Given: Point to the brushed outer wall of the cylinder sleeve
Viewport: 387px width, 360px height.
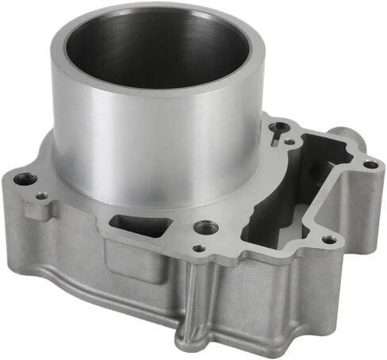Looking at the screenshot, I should point(151,151).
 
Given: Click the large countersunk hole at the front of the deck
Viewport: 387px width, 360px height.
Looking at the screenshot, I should point(205,228).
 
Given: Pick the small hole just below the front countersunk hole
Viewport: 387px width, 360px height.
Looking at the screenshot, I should point(198,248).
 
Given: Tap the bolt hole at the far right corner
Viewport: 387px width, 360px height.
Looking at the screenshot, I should point(370,165).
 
